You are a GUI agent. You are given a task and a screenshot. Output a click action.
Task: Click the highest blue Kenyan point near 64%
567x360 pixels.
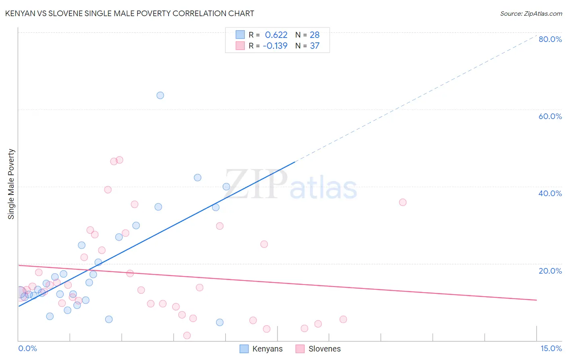pyautogui.click(x=160, y=96)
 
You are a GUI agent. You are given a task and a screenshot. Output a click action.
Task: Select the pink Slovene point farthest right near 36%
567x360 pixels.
pyautogui.click(x=402, y=202)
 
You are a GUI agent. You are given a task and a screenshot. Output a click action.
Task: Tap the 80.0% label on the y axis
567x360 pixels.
pyautogui.click(x=550, y=39)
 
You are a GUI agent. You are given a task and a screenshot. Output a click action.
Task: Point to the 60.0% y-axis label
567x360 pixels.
pyautogui.click(x=550, y=116)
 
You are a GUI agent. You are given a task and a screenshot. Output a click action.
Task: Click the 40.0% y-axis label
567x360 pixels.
pyautogui.click(x=550, y=193)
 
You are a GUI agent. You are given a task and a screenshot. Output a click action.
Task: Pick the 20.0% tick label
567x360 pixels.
pyautogui.click(x=550, y=271)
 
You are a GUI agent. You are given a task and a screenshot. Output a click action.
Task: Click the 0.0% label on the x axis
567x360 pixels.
pyautogui.click(x=27, y=348)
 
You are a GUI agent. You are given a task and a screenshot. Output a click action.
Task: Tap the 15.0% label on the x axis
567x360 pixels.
pyautogui.click(x=551, y=348)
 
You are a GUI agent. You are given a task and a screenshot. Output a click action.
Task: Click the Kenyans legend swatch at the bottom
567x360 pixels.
pyautogui.click(x=244, y=349)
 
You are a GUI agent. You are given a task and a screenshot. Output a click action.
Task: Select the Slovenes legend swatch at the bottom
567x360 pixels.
pyautogui.click(x=300, y=349)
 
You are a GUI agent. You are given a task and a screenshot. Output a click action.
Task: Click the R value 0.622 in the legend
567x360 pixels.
pyautogui.click(x=276, y=35)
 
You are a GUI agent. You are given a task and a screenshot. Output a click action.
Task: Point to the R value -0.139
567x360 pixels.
pyautogui.click(x=275, y=46)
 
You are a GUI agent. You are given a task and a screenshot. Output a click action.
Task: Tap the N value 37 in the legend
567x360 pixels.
pyautogui.click(x=315, y=46)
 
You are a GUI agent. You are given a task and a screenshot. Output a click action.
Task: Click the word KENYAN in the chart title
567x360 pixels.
pyautogui.click(x=20, y=13)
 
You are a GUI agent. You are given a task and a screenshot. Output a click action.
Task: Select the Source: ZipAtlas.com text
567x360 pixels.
pyautogui.click(x=531, y=14)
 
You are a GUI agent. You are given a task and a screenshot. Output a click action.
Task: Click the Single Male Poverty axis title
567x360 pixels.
pyautogui.click(x=11, y=184)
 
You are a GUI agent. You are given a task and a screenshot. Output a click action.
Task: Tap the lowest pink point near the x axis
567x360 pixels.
pyautogui.click(x=187, y=335)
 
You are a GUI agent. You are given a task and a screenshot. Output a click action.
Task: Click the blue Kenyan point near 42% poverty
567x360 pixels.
pyautogui.click(x=198, y=178)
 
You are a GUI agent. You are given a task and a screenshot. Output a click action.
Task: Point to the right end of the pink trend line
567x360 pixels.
pyautogui.click(x=536, y=300)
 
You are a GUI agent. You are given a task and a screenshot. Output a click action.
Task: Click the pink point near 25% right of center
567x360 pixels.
pyautogui.click(x=264, y=244)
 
